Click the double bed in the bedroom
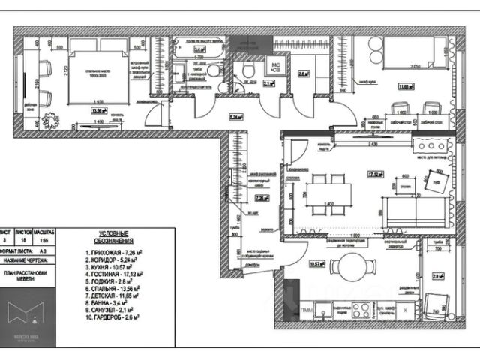[96, 76]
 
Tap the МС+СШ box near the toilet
[275, 67]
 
